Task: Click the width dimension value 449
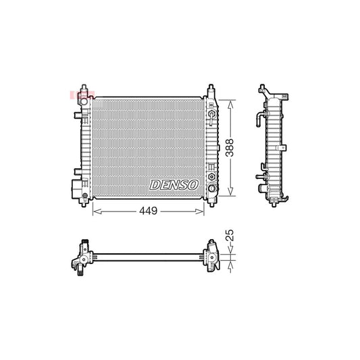pyautogui.click(x=148, y=211)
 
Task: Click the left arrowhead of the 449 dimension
pyautogui.click(x=95, y=211)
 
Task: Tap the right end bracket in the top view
pyautogui.click(x=211, y=257)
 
